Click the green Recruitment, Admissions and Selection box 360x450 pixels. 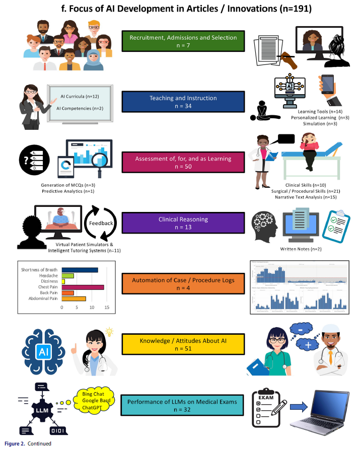click(183, 42)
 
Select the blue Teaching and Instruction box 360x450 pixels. click(183, 102)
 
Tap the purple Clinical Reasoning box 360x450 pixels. click(183, 223)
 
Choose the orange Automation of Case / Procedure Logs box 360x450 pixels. click(183, 284)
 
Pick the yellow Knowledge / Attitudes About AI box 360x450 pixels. click(183, 345)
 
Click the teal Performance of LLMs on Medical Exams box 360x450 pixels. click(183, 406)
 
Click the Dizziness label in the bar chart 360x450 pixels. click(50, 281)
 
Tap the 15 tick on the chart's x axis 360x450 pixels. click(107, 307)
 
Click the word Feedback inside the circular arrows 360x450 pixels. click(101, 222)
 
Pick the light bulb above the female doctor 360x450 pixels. click(109, 331)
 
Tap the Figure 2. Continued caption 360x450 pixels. click(28, 443)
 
